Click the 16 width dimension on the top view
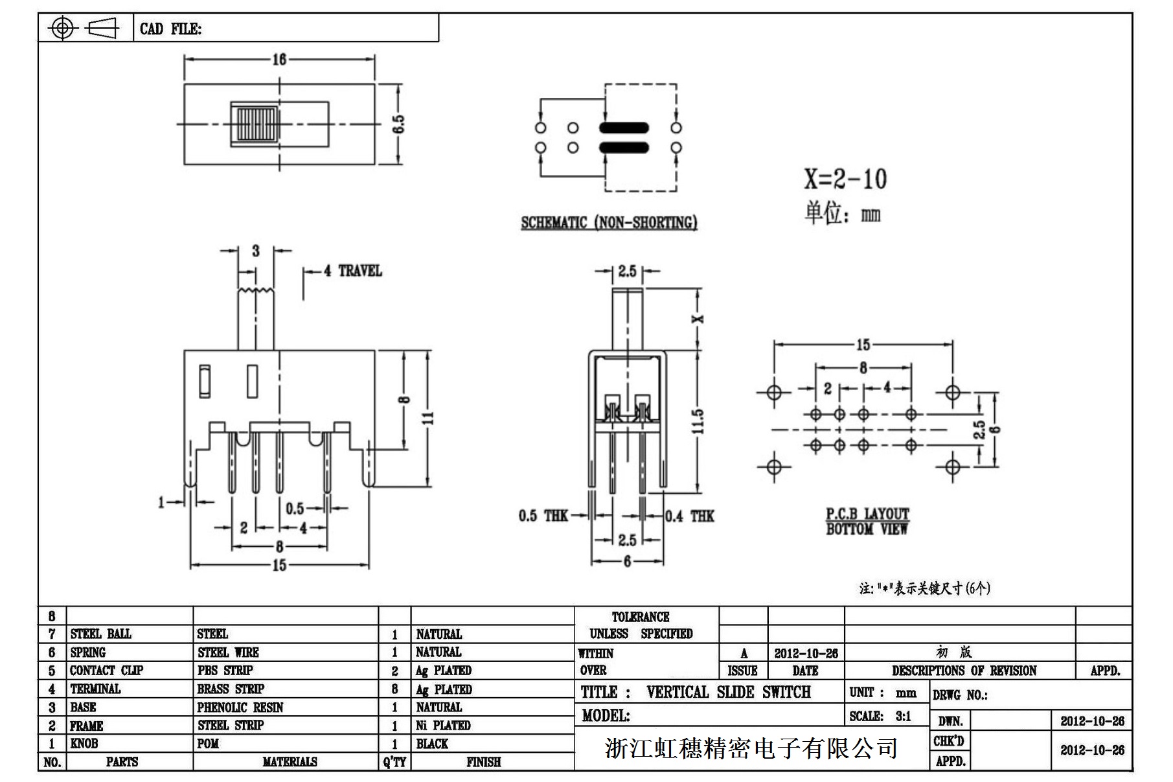pos(279,60)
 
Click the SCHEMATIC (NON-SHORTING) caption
pos(609,223)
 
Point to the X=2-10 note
pos(845,179)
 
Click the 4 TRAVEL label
pos(353,271)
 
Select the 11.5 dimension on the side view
pos(698,421)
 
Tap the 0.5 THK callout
pos(543,516)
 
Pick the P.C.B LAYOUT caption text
pos(867,514)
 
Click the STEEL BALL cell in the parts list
pos(101,634)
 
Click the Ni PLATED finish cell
pos(443,726)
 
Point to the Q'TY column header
pos(394,762)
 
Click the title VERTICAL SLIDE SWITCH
pos(728,692)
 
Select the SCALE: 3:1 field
pos(880,716)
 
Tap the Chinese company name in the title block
pos(751,748)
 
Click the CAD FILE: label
pos(170,29)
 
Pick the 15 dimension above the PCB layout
pos(863,345)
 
